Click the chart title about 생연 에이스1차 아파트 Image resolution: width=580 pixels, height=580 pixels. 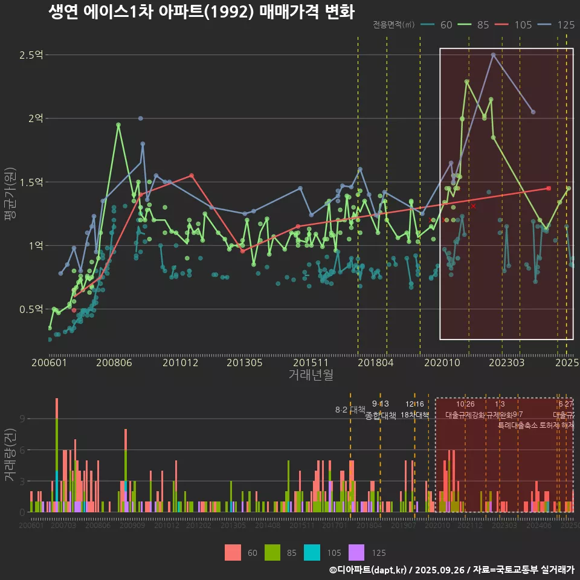(201, 12)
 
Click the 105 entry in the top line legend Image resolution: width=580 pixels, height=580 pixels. (523, 25)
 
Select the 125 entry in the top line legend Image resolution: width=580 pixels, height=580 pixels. (565, 25)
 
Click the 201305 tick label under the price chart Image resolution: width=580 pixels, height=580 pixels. (244, 362)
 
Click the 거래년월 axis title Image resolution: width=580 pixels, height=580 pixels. (311, 375)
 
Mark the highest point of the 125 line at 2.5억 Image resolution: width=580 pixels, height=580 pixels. (493, 54)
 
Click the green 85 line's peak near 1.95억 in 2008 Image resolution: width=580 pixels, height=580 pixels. (118, 124)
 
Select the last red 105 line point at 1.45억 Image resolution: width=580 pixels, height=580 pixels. (549, 188)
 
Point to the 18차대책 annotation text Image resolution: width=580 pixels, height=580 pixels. (414, 415)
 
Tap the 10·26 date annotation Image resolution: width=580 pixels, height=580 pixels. (465, 404)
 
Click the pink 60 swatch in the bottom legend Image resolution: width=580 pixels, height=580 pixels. (233, 552)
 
